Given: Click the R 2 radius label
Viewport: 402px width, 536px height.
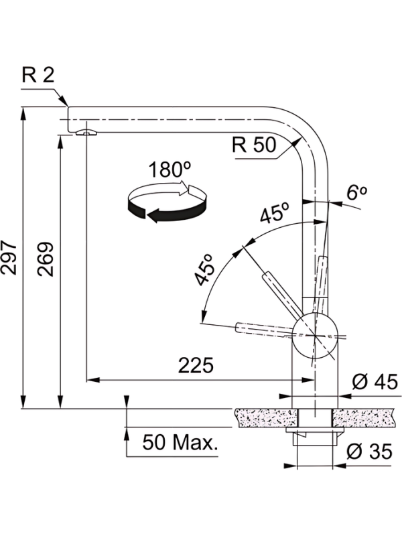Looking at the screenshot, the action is pyautogui.click(x=38, y=75).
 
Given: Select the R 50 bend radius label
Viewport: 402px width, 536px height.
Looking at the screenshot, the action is pyautogui.click(x=254, y=144).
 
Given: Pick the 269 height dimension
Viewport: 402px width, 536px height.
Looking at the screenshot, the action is pyautogui.click(x=46, y=259).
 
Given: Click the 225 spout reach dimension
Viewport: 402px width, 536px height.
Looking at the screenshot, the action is pyautogui.click(x=196, y=365).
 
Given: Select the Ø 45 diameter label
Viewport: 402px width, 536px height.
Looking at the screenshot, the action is pyautogui.click(x=375, y=381).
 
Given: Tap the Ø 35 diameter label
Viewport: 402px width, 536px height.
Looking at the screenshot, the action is pyautogui.click(x=369, y=452).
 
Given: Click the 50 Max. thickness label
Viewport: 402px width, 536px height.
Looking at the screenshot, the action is pyautogui.click(x=180, y=442).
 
